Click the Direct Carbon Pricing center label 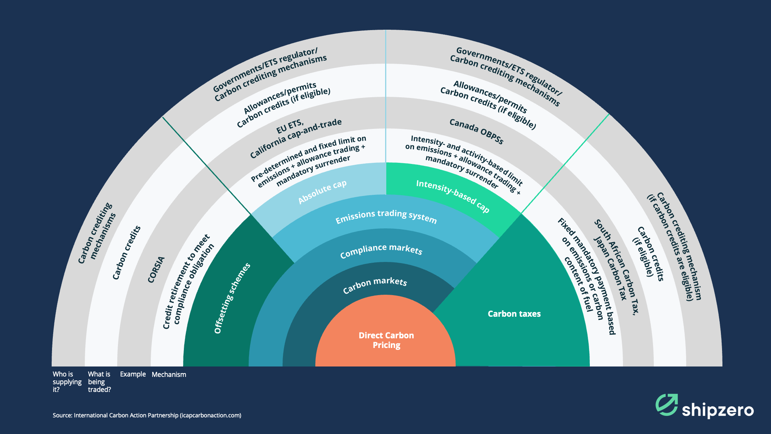click(x=386, y=340)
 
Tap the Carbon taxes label click(x=514, y=314)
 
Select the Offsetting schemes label click(x=232, y=298)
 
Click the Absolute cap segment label click(x=322, y=192)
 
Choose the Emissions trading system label click(x=386, y=216)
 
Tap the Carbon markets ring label click(x=375, y=285)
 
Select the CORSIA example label click(x=156, y=270)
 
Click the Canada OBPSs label click(x=476, y=132)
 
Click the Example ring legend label click(x=133, y=374)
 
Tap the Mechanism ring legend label click(x=169, y=375)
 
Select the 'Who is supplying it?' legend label click(x=67, y=382)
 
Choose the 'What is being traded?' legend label click(x=99, y=382)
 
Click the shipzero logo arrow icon click(x=667, y=405)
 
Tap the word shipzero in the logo click(x=717, y=410)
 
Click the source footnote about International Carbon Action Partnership click(x=147, y=415)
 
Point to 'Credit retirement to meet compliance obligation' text click(x=188, y=282)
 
